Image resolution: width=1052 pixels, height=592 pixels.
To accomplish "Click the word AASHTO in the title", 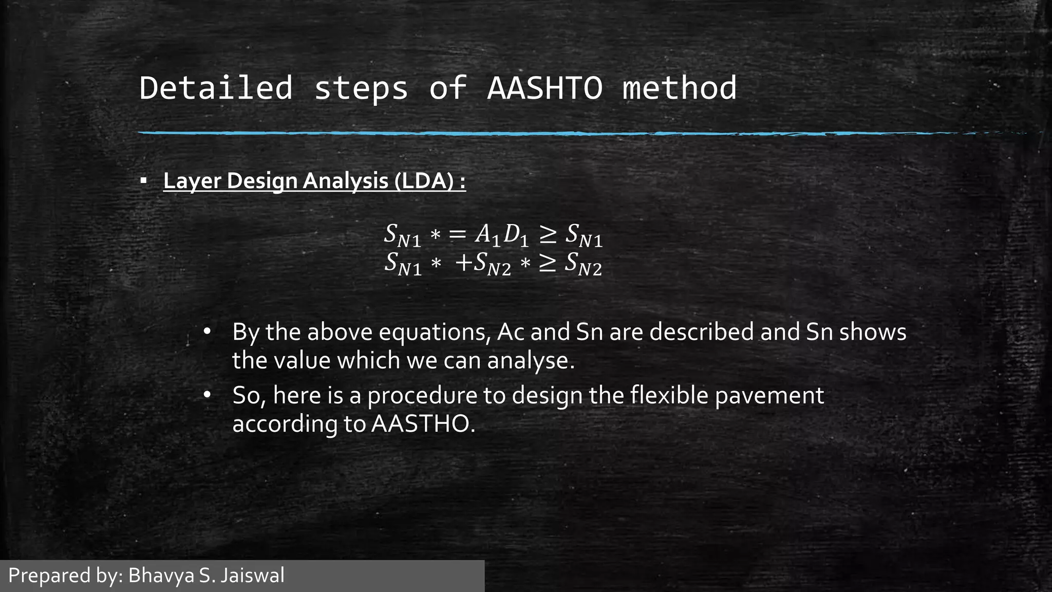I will click(x=544, y=88).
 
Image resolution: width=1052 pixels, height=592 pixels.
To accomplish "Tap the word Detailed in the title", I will click(x=216, y=88).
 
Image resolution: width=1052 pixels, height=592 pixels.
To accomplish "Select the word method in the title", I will click(x=680, y=88).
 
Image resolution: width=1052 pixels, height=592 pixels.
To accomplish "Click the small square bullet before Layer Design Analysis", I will click(x=143, y=181).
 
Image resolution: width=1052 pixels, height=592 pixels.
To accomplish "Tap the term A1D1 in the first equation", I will click(x=501, y=235).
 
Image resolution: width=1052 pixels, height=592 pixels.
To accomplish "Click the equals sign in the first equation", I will click(x=457, y=235).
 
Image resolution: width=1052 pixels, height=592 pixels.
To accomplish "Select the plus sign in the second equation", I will click(x=463, y=264).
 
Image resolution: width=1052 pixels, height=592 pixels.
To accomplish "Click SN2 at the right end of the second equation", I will click(x=583, y=264).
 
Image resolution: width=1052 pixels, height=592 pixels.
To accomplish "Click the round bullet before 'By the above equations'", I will click(x=207, y=331).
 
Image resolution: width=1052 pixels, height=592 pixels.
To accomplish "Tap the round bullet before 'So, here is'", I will click(x=207, y=395).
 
